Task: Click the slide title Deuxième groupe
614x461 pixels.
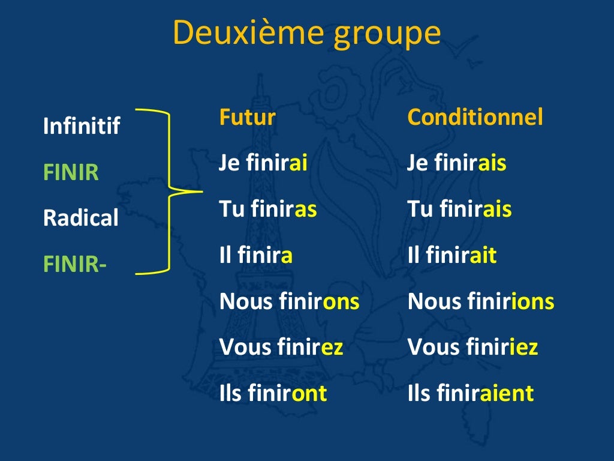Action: click(x=306, y=34)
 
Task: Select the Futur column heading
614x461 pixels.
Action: click(x=247, y=117)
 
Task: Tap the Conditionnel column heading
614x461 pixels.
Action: click(x=475, y=117)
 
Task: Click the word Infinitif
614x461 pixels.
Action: click(x=82, y=126)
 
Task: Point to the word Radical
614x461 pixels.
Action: click(x=81, y=218)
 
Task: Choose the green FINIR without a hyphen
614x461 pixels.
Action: click(x=71, y=173)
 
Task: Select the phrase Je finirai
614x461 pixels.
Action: click(x=263, y=163)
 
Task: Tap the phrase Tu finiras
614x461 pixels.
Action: click(x=268, y=209)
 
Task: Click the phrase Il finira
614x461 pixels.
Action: click(x=256, y=256)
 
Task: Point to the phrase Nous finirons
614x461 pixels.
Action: click(x=290, y=301)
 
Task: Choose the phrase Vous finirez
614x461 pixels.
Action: click(x=281, y=347)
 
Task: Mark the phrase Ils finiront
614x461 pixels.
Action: click(x=273, y=393)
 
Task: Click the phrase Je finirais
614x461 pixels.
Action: click(x=456, y=163)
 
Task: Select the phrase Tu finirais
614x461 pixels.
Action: click(x=459, y=209)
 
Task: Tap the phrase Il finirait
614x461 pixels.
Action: click(x=452, y=256)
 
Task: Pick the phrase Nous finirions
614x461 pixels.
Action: click(x=481, y=301)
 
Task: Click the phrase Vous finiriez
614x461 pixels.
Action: click(x=472, y=347)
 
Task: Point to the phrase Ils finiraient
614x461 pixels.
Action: click(x=470, y=393)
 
